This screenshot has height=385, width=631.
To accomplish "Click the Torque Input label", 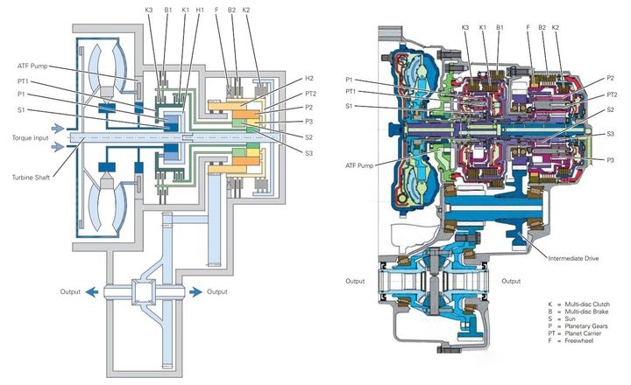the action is (30, 138).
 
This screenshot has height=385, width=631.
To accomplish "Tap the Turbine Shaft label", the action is (31, 178).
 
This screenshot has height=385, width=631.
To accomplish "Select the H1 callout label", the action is (200, 10).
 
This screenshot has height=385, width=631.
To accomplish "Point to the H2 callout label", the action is (309, 79).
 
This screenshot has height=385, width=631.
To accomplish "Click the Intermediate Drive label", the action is (573, 258).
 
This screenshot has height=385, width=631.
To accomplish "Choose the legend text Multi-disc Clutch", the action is (587, 304).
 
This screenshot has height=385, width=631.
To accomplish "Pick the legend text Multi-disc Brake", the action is (586, 311).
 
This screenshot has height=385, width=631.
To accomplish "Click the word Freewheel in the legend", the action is (578, 340).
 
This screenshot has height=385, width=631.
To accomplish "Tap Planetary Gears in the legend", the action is (586, 326).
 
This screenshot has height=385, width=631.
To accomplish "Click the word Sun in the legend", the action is (571, 318).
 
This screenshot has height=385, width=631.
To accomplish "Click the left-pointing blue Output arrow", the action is (91, 291).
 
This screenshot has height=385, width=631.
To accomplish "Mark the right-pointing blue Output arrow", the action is (195, 291).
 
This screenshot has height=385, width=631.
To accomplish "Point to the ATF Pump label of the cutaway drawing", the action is (359, 165).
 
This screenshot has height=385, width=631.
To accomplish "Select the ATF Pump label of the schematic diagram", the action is (32, 66).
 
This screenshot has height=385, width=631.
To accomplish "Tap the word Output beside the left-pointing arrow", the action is (70, 291).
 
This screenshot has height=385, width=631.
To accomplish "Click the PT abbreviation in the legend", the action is (551, 333).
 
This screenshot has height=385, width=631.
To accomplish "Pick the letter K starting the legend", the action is (550, 304).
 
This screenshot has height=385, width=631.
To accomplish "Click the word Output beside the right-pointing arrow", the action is (217, 291).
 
